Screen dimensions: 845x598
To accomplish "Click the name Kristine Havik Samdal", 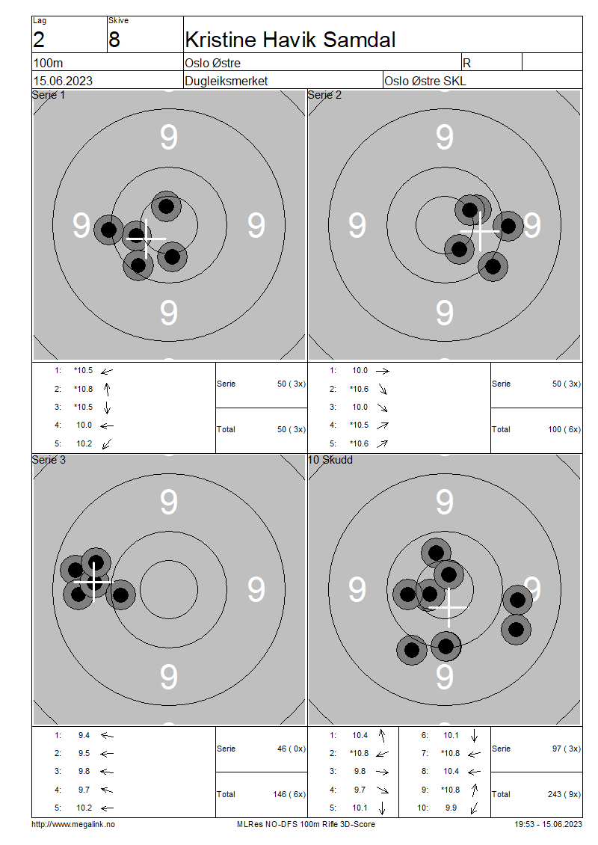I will pos(290,39).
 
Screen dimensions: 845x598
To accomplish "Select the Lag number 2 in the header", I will pos(39,39).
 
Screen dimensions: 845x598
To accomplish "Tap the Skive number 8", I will pos(114,39).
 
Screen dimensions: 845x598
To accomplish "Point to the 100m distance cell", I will pos(48,64).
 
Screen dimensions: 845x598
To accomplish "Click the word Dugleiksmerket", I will pos(226,81).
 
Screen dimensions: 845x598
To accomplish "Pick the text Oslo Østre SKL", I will pos(425,81).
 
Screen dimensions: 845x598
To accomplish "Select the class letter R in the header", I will pos(467,64).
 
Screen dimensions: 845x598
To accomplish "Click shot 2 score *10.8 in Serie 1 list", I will pos(83,389).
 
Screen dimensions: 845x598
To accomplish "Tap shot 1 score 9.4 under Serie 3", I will pos(84,735).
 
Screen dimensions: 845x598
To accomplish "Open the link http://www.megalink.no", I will pos(73,824).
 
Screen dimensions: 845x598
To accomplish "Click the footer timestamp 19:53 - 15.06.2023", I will pos(548,824).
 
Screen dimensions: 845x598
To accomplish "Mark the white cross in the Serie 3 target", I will pos(93,580).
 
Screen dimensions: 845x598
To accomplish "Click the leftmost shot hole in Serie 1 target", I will pos(109,230).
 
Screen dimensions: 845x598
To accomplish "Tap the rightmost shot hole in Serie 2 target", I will pos(508,225).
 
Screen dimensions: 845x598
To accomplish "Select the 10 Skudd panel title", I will pos(330,460).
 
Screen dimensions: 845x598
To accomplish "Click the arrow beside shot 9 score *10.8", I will pos(474,790).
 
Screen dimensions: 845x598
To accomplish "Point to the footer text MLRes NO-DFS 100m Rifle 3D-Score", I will pos(306,824).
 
